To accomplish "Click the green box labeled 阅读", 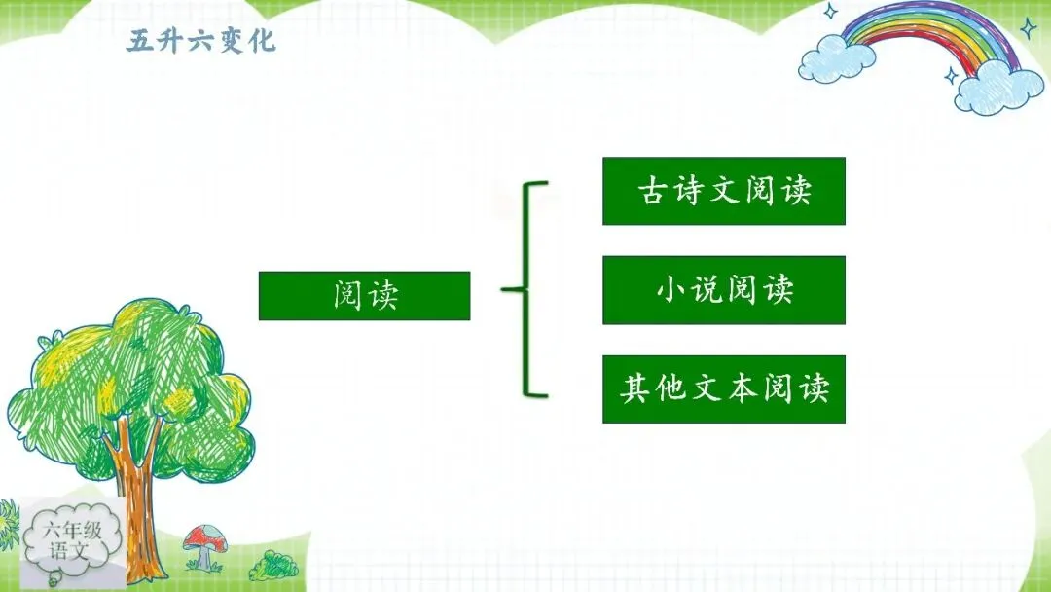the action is click(x=364, y=296).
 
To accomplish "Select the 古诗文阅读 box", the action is click(x=724, y=191).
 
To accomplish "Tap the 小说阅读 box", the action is click(x=724, y=289).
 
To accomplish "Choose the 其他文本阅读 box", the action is click(x=724, y=388).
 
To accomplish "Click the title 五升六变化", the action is click(x=201, y=41).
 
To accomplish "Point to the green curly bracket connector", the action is click(x=525, y=289).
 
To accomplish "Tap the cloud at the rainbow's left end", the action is click(x=837, y=58).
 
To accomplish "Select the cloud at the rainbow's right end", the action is click(x=998, y=88).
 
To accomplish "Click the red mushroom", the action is click(x=204, y=546).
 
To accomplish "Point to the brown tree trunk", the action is click(x=136, y=497).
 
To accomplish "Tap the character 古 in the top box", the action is click(x=651, y=191).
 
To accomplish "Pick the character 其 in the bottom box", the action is click(x=634, y=388).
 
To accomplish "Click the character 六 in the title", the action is click(x=201, y=41).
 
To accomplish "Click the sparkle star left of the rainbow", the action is click(x=830, y=11).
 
